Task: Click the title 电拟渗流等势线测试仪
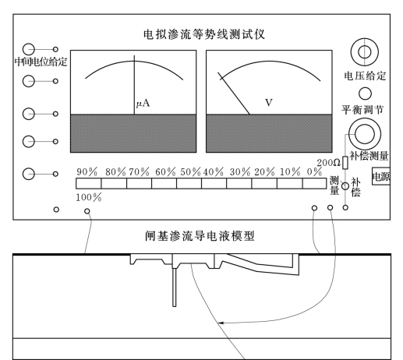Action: pos(204,34)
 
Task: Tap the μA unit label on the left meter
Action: pos(143,104)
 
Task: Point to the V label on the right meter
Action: pos(269,102)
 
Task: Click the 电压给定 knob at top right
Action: pos(364,52)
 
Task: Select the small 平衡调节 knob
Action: pos(365,94)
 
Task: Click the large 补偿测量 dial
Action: pos(365,134)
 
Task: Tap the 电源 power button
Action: pos(381,177)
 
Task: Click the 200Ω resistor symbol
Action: pos(345,163)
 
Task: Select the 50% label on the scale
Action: pos(190,172)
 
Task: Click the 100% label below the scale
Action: pos(89,198)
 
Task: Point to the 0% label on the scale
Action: pos(314,171)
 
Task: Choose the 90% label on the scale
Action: pos(87,172)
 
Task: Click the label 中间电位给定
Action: pos(41,62)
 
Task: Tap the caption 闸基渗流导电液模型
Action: pos(200,236)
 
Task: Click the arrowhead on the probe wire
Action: pos(221,323)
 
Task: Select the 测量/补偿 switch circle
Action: pos(345,186)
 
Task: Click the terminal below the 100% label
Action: pos(87,211)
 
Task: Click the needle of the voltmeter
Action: pos(234,94)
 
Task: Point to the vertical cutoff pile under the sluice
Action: pos(174,288)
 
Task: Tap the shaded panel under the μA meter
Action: pos(133,133)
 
